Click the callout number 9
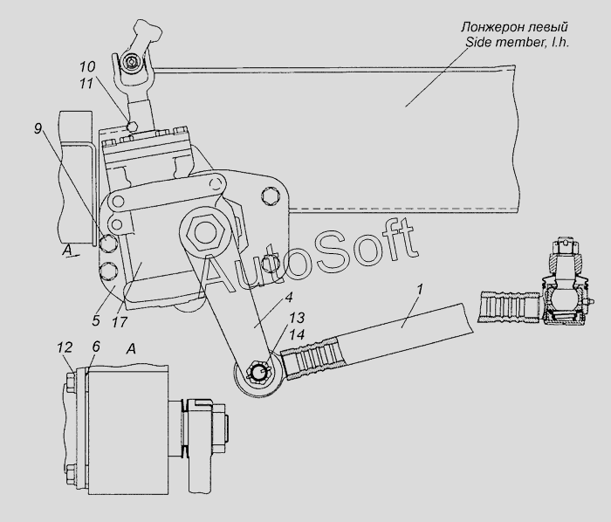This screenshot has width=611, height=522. [x=38, y=127]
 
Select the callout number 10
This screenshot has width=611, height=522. [x=87, y=66]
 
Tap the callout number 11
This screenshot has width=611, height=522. [x=86, y=83]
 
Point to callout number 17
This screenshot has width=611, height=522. [x=120, y=322]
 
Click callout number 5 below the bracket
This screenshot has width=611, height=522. [x=96, y=321]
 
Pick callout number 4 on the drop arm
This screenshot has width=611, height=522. [x=288, y=298]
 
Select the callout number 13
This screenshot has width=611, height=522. [x=297, y=318]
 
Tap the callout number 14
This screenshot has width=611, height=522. [x=297, y=334]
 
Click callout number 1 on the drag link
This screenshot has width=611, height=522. [x=419, y=290]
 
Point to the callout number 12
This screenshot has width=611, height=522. [x=65, y=347]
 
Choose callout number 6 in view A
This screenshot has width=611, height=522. [x=96, y=347]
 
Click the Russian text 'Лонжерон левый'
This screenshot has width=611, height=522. [x=514, y=27]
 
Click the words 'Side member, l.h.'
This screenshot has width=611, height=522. [x=518, y=42]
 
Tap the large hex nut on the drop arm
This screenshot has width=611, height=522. [x=205, y=233]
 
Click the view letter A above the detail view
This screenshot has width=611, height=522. [x=131, y=349]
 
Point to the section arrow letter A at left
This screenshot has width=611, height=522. [x=67, y=251]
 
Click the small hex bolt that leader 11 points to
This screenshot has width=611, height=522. [x=133, y=126]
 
